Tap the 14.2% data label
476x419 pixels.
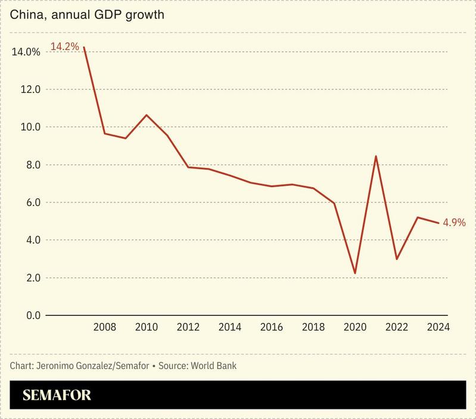coord(64,46)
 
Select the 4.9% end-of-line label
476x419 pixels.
coord(454,222)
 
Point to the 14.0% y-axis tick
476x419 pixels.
coord(26,52)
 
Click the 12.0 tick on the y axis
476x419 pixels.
coord(29,89)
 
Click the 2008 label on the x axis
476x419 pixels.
coord(105,327)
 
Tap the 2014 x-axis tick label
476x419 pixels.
coord(230,327)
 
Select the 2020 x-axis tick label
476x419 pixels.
coord(355,327)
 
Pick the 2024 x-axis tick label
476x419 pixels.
coord(438,327)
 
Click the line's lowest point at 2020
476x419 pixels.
coord(355,273)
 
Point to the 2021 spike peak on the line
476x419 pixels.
coord(376,156)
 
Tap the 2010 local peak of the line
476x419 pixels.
coord(147,115)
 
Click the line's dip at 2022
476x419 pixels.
coord(397,259)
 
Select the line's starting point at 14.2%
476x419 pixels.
coord(84,47)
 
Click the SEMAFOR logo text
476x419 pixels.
coord(57,395)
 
